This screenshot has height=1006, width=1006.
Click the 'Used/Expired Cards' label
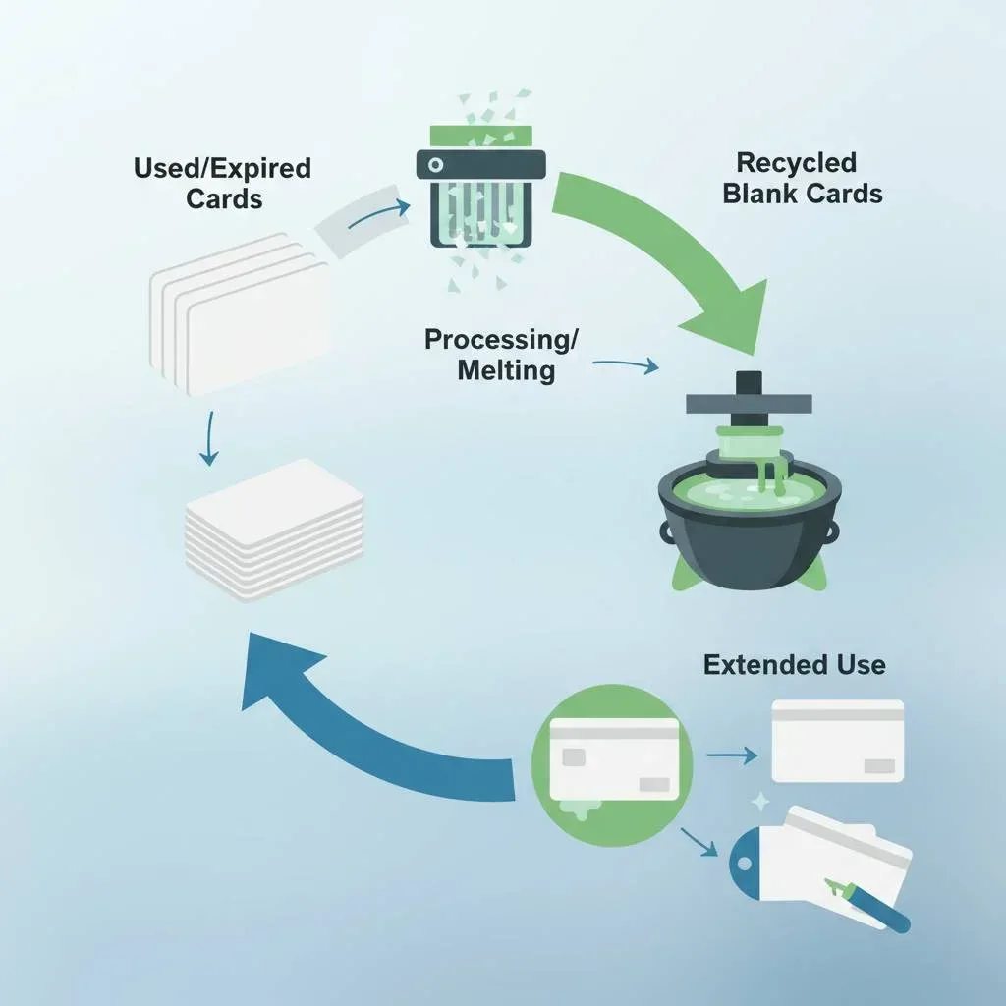coord(222,183)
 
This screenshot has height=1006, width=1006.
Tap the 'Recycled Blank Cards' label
coord(803,178)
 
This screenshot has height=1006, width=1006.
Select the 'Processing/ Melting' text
coord(501,355)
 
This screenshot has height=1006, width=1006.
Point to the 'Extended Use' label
coord(794,665)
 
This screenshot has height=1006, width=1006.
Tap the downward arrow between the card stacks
coord(208,438)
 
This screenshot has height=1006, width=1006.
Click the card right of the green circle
coord(838,740)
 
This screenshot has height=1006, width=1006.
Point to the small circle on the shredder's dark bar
coord(434,164)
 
